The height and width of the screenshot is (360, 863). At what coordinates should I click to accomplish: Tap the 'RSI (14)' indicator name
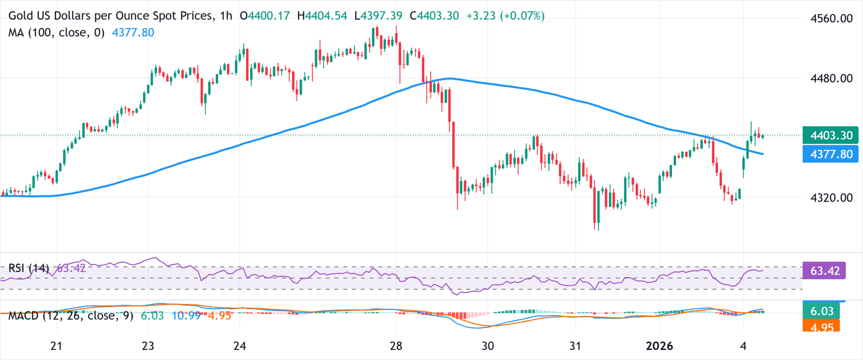click(x=29, y=268)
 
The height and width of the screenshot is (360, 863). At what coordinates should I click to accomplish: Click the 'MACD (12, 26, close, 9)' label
click(x=71, y=316)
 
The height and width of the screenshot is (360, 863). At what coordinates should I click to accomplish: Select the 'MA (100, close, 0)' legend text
click(x=56, y=33)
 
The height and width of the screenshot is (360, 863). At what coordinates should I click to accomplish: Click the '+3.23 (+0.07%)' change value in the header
click(x=506, y=17)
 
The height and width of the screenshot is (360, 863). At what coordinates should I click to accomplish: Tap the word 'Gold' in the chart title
click(x=20, y=17)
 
